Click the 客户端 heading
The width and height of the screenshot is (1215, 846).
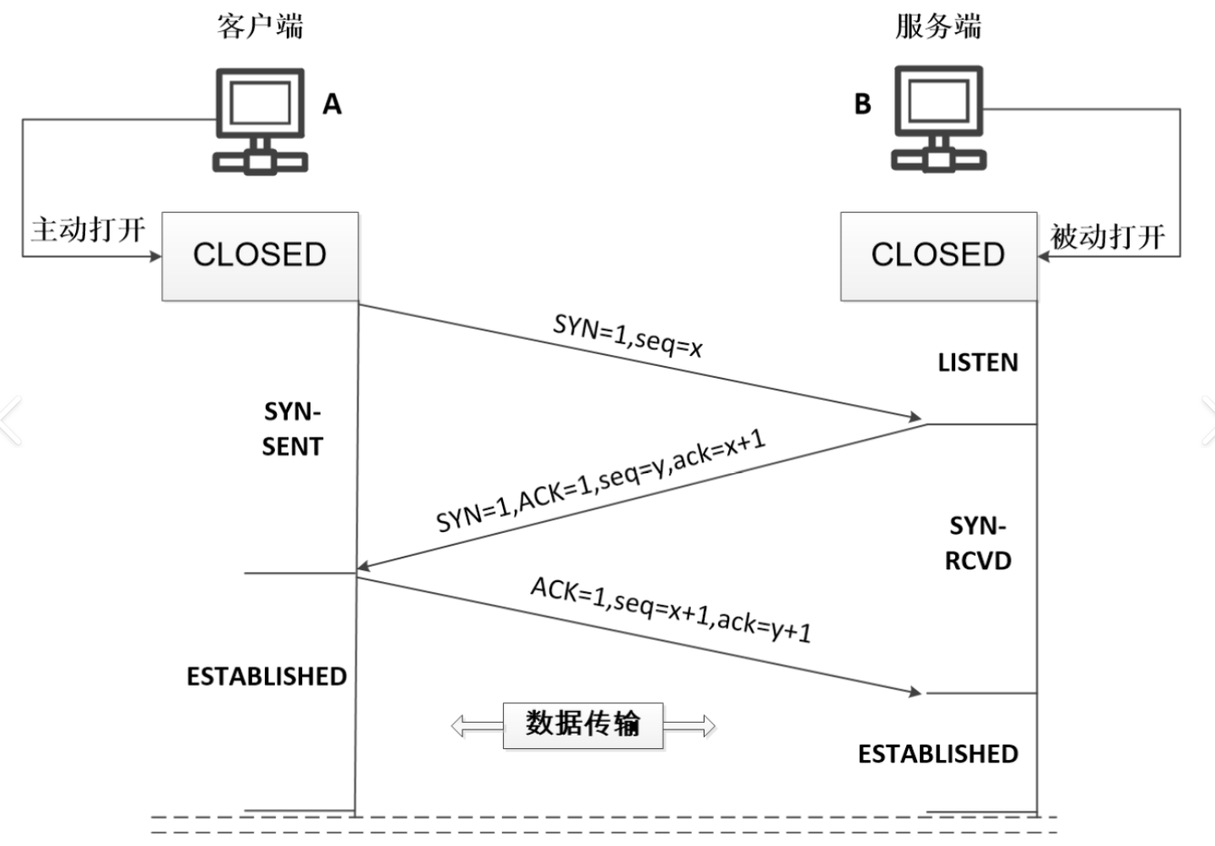(260, 27)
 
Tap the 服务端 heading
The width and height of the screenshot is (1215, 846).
(938, 27)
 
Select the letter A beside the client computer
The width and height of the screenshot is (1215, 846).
(332, 104)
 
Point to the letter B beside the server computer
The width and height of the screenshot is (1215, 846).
(863, 104)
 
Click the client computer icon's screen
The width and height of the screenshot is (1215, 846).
(261, 103)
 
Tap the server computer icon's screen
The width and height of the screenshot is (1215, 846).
(939, 101)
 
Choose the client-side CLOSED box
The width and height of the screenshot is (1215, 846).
(261, 256)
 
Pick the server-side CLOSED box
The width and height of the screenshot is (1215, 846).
(939, 256)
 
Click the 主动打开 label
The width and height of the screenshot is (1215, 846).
(89, 229)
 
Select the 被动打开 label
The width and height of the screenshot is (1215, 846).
(1108, 236)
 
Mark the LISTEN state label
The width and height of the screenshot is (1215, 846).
(978, 362)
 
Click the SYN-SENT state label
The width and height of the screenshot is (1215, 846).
(292, 429)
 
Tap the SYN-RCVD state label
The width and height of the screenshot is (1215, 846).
(978, 543)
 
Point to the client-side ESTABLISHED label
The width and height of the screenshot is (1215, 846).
(267, 676)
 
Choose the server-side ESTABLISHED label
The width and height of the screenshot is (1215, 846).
(938, 754)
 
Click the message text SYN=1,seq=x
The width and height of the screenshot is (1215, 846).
(628, 336)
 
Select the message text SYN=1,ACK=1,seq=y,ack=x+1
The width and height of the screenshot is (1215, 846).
(601, 481)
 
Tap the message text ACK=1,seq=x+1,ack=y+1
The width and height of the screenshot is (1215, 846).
(671, 610)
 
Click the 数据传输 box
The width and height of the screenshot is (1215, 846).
(583, 725)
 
